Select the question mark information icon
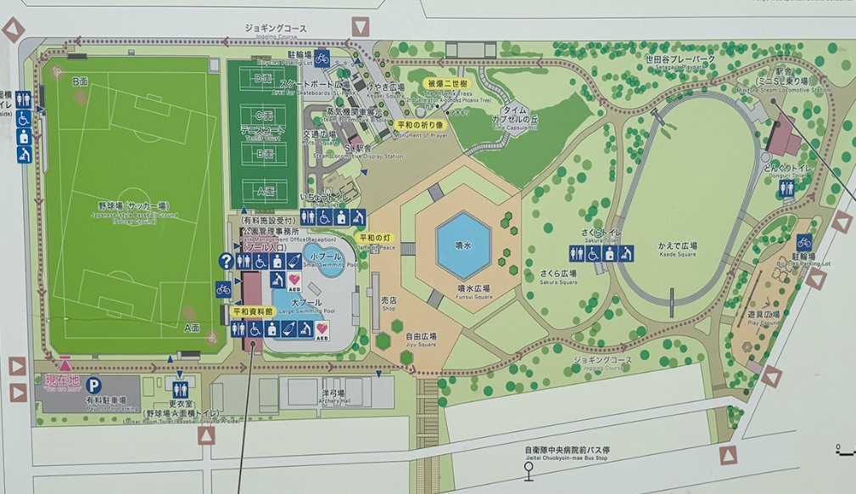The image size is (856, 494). [226, 261]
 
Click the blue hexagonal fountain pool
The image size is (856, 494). [463, 245]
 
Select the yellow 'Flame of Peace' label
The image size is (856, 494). [374, 239]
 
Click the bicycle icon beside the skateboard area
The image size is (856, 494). [322, 59]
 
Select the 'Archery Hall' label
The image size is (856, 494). [332, 396]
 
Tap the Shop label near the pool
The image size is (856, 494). [389, 304]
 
